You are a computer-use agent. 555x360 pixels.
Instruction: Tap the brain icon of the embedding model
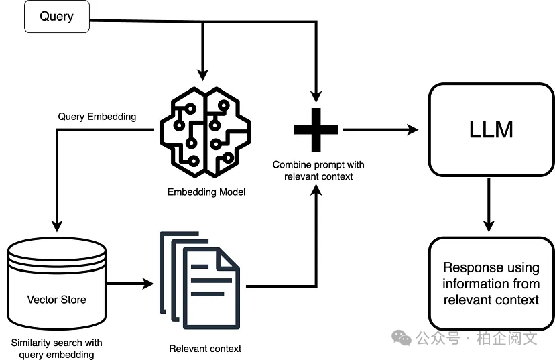tap(205, 132)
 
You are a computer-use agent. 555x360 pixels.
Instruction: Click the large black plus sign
tap(316, 129)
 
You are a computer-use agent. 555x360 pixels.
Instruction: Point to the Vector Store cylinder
tap(56, 283)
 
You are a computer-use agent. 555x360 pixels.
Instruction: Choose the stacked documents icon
tap(200, 280)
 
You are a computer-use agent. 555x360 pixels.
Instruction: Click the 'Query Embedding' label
tap(97, 117)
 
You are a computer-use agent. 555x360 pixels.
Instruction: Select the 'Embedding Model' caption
tap(206, 192)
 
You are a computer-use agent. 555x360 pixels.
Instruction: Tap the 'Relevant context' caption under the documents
tap(205, 349)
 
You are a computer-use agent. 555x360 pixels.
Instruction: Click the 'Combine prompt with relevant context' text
tap(318, 170)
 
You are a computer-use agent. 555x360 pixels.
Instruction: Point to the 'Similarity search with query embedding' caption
tap(56, 349)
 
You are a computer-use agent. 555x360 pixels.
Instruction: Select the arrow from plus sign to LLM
tap(381, 130)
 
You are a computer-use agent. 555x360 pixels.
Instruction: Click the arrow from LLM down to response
tap(489, 205)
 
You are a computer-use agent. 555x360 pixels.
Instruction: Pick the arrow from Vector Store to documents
tap(130, 284)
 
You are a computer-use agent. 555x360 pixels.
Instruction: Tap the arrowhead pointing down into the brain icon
tap(202, 76)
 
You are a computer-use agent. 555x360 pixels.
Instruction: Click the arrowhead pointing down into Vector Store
tap(57, 226)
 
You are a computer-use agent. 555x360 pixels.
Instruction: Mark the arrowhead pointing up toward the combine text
tap(316, 190)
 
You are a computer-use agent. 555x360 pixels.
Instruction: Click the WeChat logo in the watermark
tap(402, 337)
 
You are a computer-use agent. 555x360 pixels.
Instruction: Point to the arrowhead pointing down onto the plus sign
tap(316, 97)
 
